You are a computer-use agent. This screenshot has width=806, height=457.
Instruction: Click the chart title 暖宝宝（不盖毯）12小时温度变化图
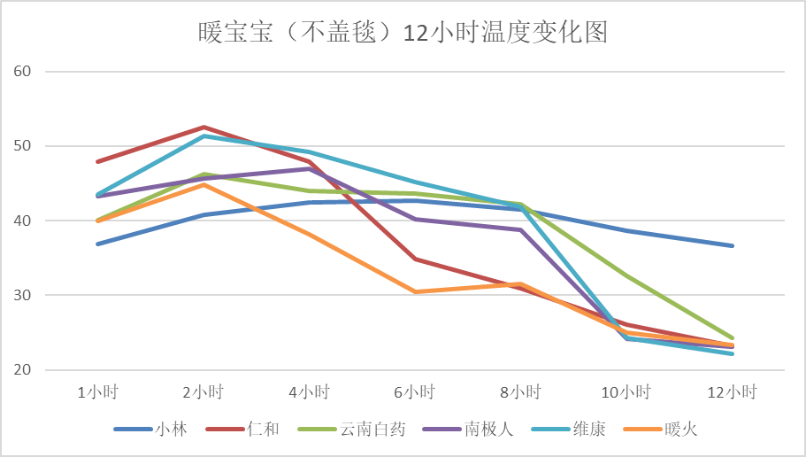pyautogui.click(x=403, y=34)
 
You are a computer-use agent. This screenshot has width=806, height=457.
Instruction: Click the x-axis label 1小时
pyautogui.click(x=97, y=391)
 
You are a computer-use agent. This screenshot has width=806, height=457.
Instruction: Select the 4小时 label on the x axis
pyautogui.click(x=309, y=391)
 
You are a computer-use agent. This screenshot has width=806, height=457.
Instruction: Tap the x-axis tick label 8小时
pyautogui.click(x=520, y=391)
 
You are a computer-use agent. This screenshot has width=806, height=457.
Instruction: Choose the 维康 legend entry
pyautogui.click(x=588, y=430)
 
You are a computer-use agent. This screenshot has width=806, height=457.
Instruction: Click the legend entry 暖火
pyautogui.click(x=680, y=430)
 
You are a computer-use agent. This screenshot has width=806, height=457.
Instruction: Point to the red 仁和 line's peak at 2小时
pyautogui.click(x=203, y=128)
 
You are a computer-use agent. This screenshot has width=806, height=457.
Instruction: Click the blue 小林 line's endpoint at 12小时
pyautogui.click(x=732, y=245)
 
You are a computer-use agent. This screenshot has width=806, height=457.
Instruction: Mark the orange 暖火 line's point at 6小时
pyautogui.click(x=415, y=291)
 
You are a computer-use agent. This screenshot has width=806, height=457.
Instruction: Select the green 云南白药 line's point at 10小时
pyautogui.click(x=626, y=275)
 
